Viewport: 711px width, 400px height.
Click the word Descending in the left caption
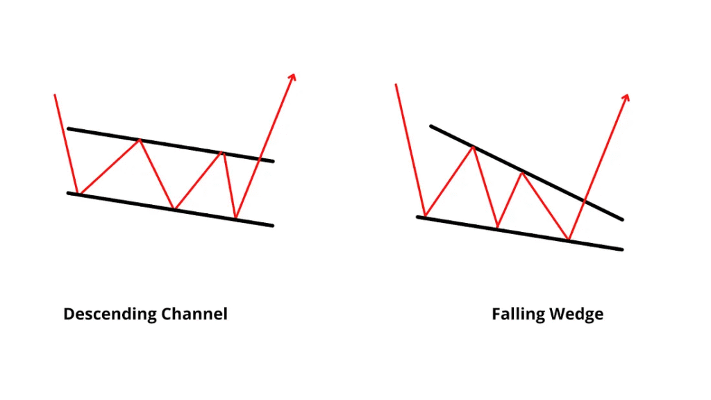(x=110, y=314)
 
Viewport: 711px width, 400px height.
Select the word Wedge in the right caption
(x=576, y=314)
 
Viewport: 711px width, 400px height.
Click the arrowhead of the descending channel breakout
(x=293, y=76)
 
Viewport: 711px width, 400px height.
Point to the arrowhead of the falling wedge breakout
(x=626, y=97)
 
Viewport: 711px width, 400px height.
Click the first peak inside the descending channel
(x=140, y=140)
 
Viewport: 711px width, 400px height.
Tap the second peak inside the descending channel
(x=223, y=152)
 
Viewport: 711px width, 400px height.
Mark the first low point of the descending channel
(x=79, y=194)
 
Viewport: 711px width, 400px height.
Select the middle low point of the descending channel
(x=174, y=208)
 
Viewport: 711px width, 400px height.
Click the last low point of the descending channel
(x=236, y=218)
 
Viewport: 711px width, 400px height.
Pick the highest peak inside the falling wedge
(x=474, y=147)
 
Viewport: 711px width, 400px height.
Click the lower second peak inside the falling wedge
(x=521, y=172)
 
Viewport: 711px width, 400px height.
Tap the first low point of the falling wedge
(x=425, y=217)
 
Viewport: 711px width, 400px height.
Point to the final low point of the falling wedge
(x=569, y=240)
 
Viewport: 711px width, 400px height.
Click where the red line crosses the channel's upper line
(x=259, y=159)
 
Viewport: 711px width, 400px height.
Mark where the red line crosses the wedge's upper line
(x=585, y=201)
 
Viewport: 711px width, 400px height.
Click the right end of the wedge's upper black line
(x=622, y=219)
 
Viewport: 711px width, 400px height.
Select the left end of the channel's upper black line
(x=68, y=128)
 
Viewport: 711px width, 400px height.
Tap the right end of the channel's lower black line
(x=273, y=225)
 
